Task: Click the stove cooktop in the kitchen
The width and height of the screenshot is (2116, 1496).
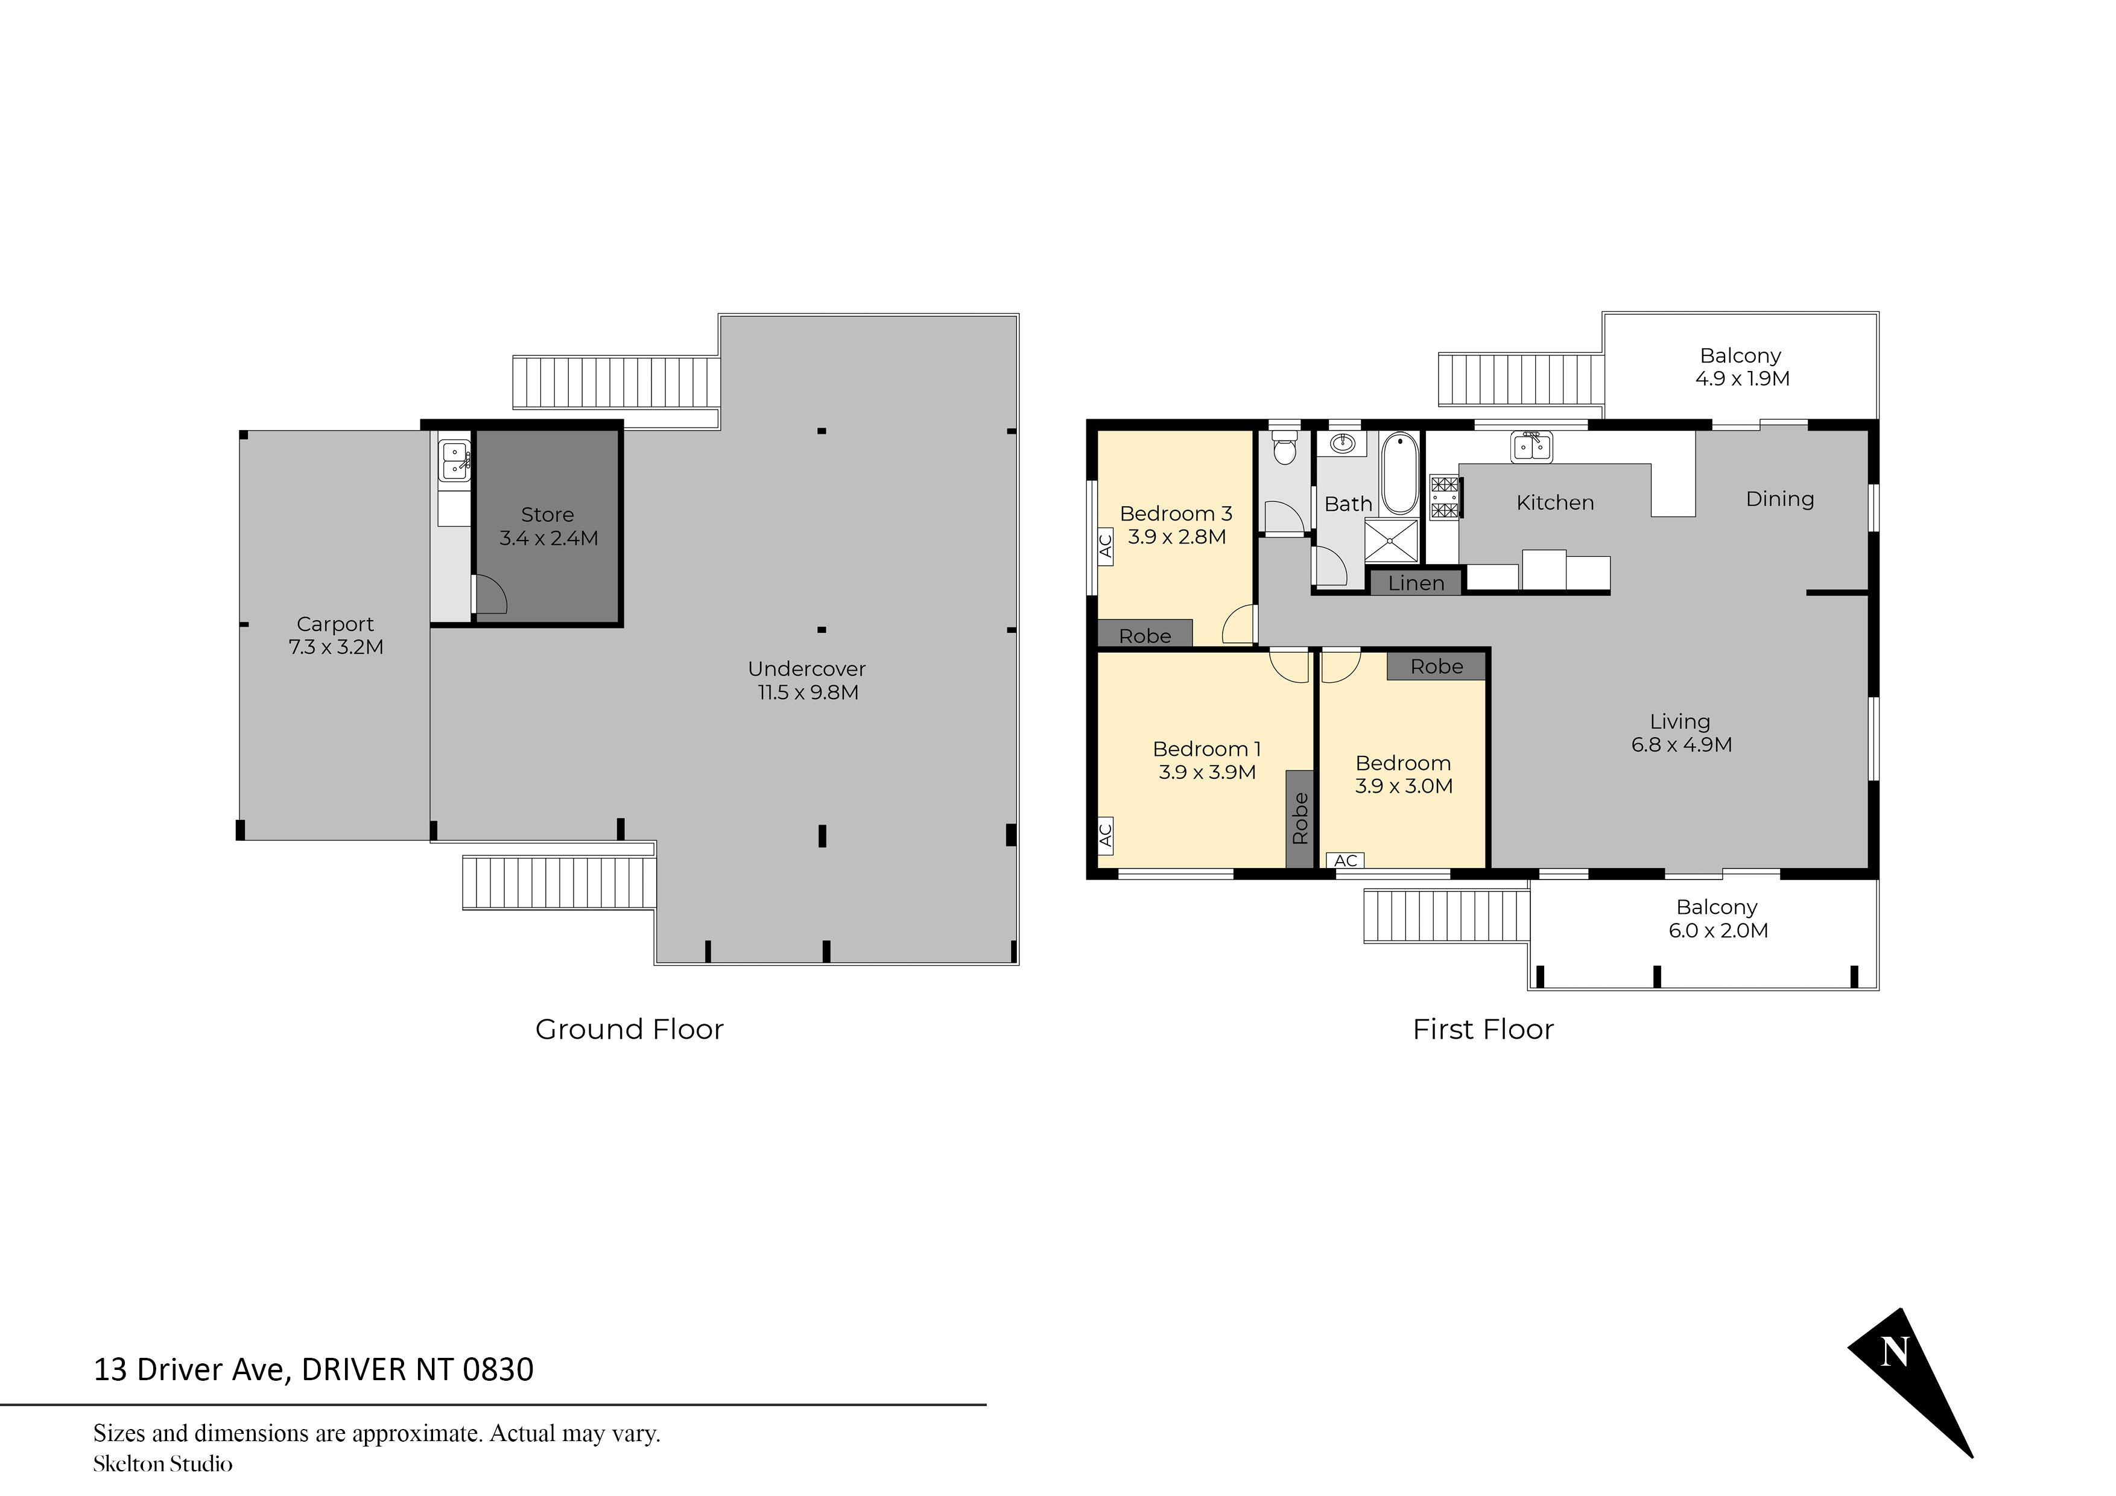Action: click(1444, 497)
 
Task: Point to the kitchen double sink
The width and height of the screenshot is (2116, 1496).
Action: click(1532, 447)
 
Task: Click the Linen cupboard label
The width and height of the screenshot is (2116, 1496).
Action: click(1416, 583)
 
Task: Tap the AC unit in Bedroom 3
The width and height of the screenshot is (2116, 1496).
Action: click(1106, 546)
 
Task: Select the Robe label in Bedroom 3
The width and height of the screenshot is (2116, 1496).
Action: click(1145, 635)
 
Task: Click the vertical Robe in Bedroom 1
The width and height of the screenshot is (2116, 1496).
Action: click(1299, 819)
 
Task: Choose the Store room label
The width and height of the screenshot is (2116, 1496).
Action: click(548, 527)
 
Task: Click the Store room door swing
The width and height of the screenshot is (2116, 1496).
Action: click(489, 595)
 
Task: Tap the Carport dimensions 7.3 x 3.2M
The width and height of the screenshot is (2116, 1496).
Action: click(335, 647)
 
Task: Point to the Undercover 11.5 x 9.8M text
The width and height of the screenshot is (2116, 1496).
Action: click(807, 680)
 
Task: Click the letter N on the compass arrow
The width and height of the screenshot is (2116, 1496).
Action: click(1894, 1352)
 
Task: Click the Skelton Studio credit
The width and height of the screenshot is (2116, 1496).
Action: click(162, 1464)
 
